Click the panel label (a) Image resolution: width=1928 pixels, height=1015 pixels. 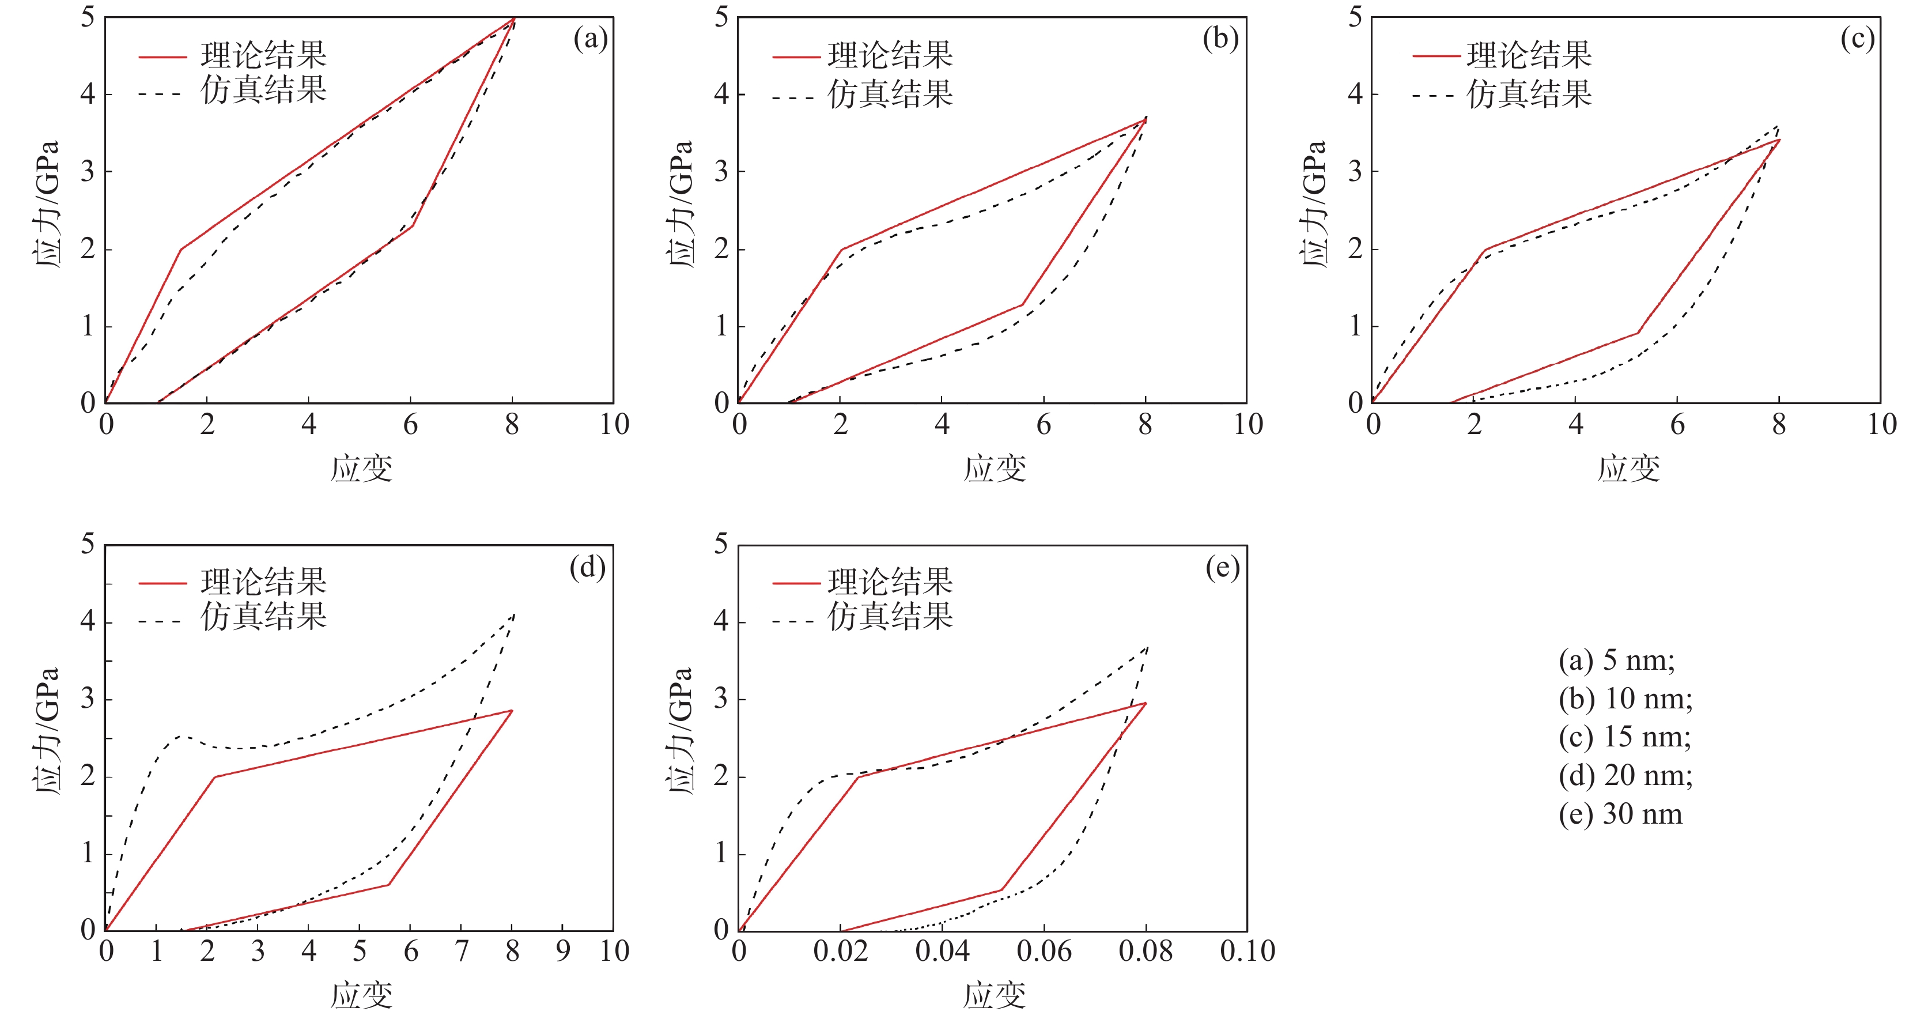[x=590, y=39]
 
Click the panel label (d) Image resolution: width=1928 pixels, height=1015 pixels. [x=588, y=567]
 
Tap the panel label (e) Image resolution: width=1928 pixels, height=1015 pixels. [x=1222, y=567]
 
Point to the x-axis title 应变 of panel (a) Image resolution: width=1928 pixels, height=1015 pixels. [x=361, y=469]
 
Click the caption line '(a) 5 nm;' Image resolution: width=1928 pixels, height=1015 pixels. [x=1617, y=660]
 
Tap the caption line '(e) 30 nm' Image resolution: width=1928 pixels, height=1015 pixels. [x=1620, y=814]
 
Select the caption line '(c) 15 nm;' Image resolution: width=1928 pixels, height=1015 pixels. [x=1625, y=737]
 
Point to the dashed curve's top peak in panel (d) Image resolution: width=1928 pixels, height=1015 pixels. [x=514, y=614]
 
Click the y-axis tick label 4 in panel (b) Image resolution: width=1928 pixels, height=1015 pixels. [x=721, y=95]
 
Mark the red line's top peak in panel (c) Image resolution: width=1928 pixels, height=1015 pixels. [x=1779, y=140]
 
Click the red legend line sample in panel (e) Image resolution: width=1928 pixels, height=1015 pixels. [x=796, y=582]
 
